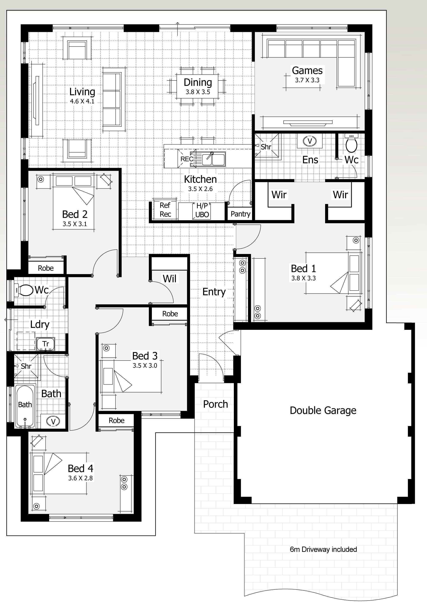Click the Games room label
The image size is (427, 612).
pos(307,71)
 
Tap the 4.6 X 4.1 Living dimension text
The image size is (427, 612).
pos(82,101)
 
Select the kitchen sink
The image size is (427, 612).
pos(213,159)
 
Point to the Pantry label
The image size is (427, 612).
pos(240,214)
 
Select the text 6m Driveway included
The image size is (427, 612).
pos(323,549)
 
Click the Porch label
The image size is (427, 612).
pos(215,404)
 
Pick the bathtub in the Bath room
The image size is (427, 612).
pos(25,406)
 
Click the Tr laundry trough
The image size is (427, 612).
pos(46,344)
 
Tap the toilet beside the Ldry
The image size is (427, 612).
pos(24,290)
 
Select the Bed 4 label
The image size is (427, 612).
pos(80,468)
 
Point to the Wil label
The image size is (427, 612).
pos(169,279)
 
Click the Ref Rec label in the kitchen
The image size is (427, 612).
pos(165,210)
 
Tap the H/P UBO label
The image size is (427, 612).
pos(202,210)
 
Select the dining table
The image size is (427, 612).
pos(197,87)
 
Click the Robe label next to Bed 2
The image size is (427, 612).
pos(46,268)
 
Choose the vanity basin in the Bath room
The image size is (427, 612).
pos(53,421)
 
